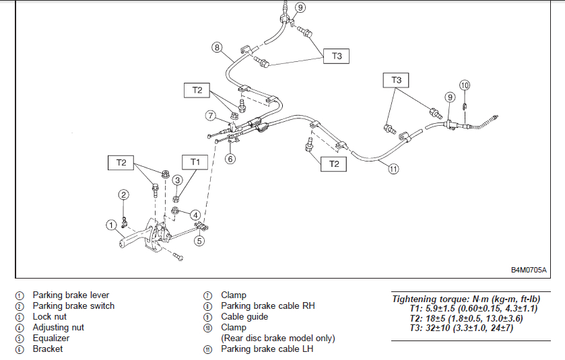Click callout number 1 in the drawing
(x=111, y=225)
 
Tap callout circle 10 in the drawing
(x=465, y=85)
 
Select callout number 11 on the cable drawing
(x=393, y=168)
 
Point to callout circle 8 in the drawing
(x=217, y=47)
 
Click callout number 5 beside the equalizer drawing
(x=199, y=241)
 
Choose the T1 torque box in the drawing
(x=195, y=162)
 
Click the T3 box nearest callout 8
(x=336, y=56)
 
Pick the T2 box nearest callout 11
(x=333, y=164)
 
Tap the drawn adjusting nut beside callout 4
(x=175, y=211)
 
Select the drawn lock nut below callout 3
(x=176, y=199)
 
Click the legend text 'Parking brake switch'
(x=73, y=306)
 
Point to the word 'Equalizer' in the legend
(x=51, y=338)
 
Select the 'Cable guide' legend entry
(x=244, y=317)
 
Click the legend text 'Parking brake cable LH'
(x=267, y=349)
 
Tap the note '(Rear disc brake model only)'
(x=278, y=338)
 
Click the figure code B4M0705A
(x=529, y=270)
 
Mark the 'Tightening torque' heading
(x=466, y=299)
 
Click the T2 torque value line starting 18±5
(x=466, y=318)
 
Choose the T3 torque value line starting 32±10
(x=461, y=328)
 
